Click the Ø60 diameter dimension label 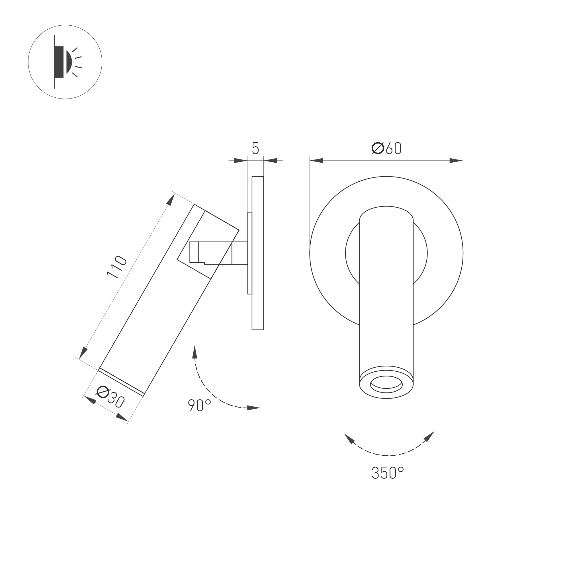click(x=386, y=148)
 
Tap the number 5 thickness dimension click(x=255, y=148)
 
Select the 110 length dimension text click(x=117, y=267)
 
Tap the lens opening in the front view click(x=386, y=384)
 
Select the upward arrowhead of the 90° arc click(x=195, y=352)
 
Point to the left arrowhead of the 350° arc click(x=349, y=439)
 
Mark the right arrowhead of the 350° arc click(x=429, y=436)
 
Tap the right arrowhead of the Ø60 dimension click(x=456, y=161)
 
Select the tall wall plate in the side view click(x=258, y=253)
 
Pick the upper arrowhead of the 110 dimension click(x=171, y=199)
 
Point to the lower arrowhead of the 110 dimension click(x=83, y=353)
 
